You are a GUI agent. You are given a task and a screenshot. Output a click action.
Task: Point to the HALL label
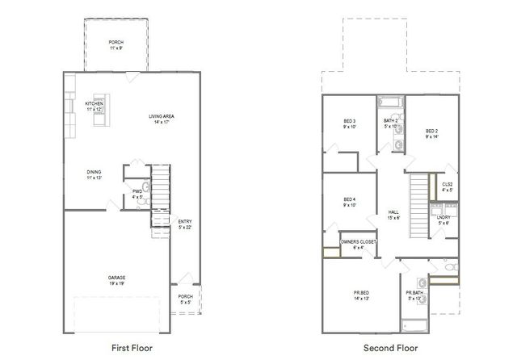(x=393, y=214)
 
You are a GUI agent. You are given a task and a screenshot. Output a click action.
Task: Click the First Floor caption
(x=131, y=348)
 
